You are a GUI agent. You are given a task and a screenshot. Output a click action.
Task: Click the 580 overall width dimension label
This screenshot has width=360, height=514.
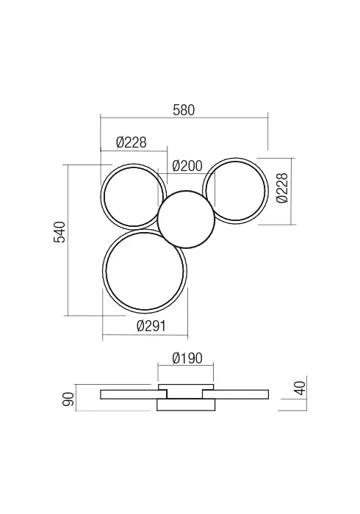(x=184, y=110)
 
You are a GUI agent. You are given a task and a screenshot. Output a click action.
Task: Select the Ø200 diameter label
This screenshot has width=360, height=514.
(x=187, y=166)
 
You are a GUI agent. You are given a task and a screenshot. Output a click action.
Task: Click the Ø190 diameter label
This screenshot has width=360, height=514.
(x=187, y=358)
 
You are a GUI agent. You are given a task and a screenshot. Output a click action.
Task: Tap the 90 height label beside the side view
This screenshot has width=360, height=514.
(x=68, y=399)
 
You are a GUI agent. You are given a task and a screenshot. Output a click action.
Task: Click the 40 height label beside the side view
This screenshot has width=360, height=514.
(x=299, y=387)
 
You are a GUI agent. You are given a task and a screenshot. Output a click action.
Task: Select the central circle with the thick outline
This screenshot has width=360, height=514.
(x=186, y=219)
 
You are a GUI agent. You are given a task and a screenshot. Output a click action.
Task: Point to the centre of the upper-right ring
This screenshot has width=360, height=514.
(x=235, y=191)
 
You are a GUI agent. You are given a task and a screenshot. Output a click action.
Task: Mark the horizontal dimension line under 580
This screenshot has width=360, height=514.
(x=184, y=117)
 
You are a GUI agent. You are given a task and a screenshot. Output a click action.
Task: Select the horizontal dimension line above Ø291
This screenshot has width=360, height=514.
(x=145, y=338)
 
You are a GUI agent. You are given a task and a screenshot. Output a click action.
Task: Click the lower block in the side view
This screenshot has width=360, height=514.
(x=186, y=405)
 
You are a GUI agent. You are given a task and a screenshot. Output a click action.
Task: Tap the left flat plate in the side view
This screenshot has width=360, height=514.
(x=129, y=395)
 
